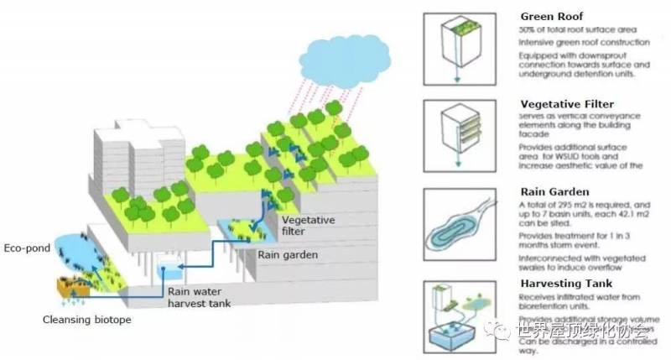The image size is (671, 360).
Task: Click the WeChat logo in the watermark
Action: (505, 328)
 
